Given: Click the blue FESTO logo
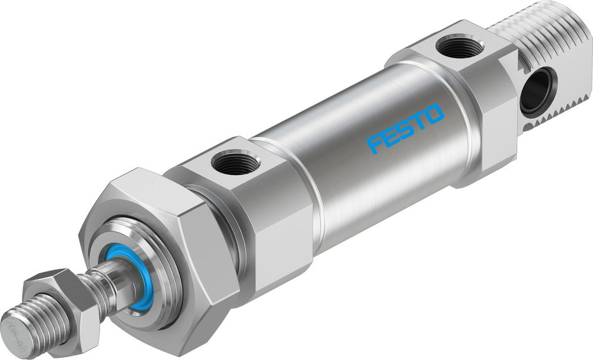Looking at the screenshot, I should [x=406, y=128].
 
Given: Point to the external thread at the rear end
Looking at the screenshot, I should [x=534, y=30].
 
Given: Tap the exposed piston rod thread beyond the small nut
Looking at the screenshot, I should [x=36, y=320].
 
